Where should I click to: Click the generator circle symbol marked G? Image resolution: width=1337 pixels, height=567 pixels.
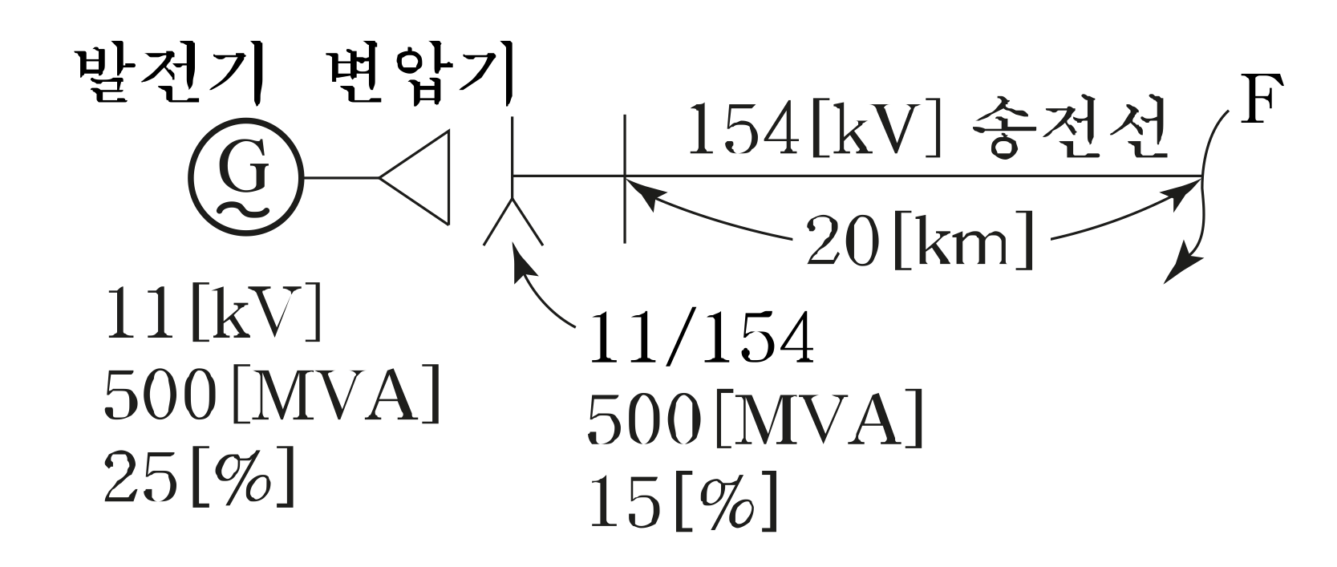click(x=246, y=177)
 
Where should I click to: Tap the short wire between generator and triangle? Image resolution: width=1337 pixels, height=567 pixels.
click(x=341, y=177)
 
